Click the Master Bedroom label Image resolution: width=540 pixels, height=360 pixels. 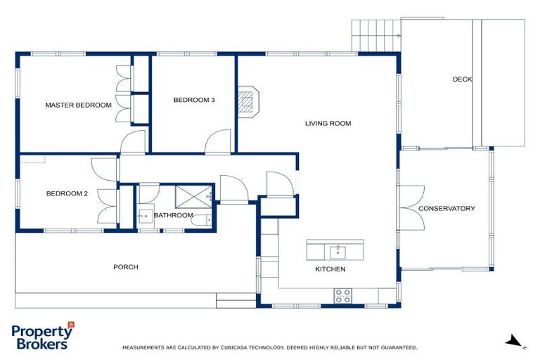pyautogui.click(x=78, y=105)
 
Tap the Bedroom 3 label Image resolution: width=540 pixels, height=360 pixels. pyautogui.click(x=194, y=100)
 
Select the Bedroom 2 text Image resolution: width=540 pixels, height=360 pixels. pyautogui.click(x=67, y=193)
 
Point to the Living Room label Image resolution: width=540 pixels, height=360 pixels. pyautogui.click(x=328, y=123)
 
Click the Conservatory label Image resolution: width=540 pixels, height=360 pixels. pyautogui.click(x=446, y=208)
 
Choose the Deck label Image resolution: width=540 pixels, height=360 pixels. pyautogui.click(x=462, y=79)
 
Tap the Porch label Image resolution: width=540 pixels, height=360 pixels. pyautogui.click(x=126, y=266)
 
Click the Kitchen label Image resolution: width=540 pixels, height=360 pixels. pyautogui.click(x=330, y=269)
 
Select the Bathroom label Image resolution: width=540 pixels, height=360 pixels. pyautogui.click(x=173, y=215)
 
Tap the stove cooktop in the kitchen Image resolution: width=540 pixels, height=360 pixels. pyautogui.click(x=342, y=296)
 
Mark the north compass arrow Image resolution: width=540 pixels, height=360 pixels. pyautogui.click(x=515, y=342)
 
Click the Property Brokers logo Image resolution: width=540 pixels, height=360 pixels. pyautogui.click(x=42, y=336)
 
